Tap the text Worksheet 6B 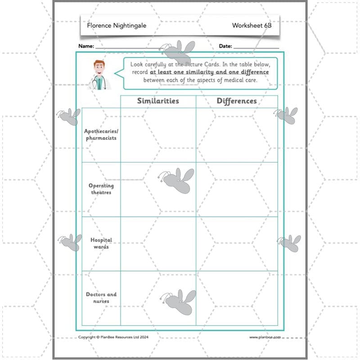click(x=252, y=26)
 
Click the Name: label click(x=86, y=46)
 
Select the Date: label click(x=225, y=46)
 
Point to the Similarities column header click(x=158, y=101)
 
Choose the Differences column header click(x=237, y=101)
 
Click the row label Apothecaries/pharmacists click(x=101, y=135)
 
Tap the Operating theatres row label click(x=101, y=189)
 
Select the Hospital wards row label click(x=101, y=243)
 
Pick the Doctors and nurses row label click(x=101, y=298)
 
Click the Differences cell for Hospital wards click(x=237, y=243)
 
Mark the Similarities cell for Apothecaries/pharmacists click(x=158, y=135)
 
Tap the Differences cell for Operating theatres click(x=237, y=189)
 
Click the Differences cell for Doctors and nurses click(x=237, y=298)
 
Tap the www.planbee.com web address click(x=265, y=337)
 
